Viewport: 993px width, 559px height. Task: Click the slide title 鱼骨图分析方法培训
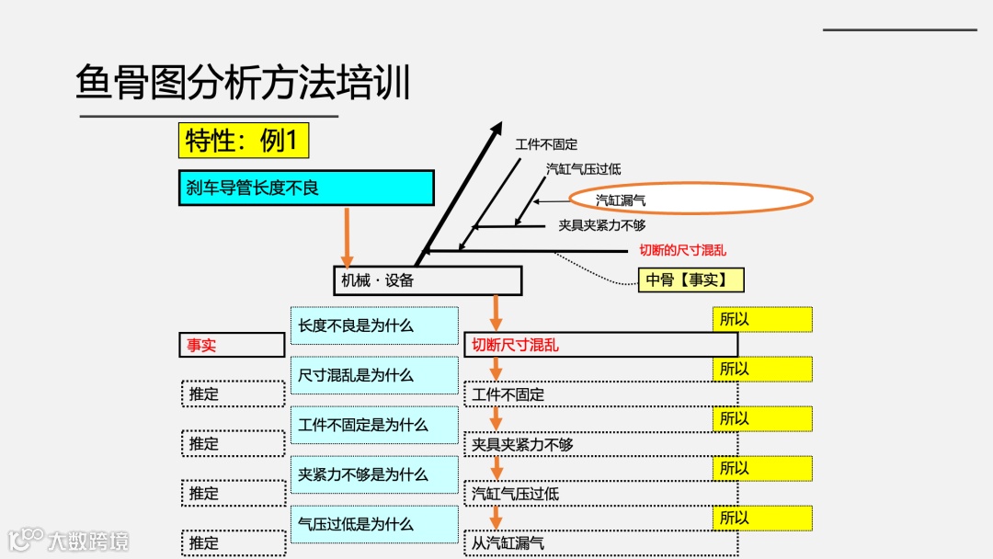[243, 83]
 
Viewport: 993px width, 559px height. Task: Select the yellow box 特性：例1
[243, 141]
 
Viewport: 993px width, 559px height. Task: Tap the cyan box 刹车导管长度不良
[304, 188]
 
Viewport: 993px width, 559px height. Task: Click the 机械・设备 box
[427, 280]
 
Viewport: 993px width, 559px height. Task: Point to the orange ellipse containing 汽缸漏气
[691, 199]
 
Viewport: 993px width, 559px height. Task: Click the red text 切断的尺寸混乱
[683, 250]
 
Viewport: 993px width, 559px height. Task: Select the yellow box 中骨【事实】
[691, 280]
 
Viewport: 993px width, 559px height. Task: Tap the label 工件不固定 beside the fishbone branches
[546, 144]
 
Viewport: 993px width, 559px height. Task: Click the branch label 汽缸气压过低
[583, 169]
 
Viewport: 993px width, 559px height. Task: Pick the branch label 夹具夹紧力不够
[601, 225]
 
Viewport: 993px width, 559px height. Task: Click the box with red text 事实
[231, 345]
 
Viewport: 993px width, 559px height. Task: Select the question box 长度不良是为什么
[373, 325]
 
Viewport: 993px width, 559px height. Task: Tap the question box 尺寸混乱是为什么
[373, 375]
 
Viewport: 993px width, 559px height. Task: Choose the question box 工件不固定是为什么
[373, 425]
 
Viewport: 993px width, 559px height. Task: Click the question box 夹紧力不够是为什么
[373, 474]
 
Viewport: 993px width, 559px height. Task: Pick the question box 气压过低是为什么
[373, 524]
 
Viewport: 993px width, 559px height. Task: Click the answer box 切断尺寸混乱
[600, 345]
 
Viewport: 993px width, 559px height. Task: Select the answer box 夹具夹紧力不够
[600, 444]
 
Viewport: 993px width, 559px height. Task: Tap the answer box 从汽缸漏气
[600, 543]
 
